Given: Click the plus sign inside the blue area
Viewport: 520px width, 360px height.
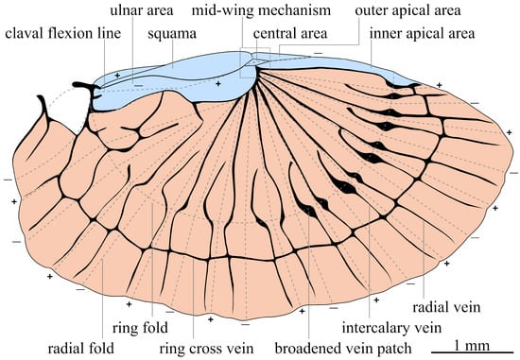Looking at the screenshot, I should (x=218, y=84).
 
